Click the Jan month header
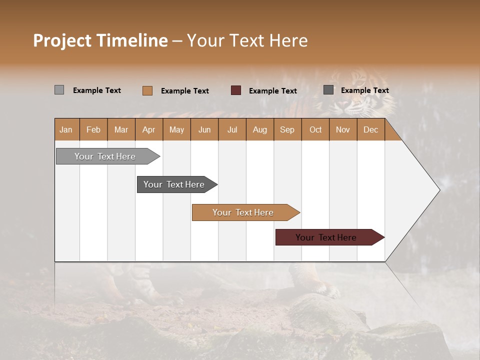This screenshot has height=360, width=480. coord(66,129)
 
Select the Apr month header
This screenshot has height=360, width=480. coord(148,129)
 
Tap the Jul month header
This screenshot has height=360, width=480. coord(232,129)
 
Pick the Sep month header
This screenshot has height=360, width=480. coord(287,129)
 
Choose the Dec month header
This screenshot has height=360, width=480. coord(370,129)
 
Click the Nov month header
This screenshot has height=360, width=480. coord(342,129)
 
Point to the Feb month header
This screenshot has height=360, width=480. coord(93,129)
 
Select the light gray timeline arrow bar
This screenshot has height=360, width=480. coord(105,156)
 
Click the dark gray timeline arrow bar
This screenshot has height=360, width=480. coord(174,184)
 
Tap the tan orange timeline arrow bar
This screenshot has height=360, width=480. coord(243,212)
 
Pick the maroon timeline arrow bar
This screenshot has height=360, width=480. coord(326,237)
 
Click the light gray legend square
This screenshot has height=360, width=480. coord(59,90)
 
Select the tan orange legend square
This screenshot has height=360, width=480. coord(147,90)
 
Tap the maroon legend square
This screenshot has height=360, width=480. coord(236,90)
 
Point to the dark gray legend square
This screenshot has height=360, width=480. coord(328,90)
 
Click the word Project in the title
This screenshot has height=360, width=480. coord(62,40)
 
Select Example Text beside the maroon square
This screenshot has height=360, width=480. coord(273,90)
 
